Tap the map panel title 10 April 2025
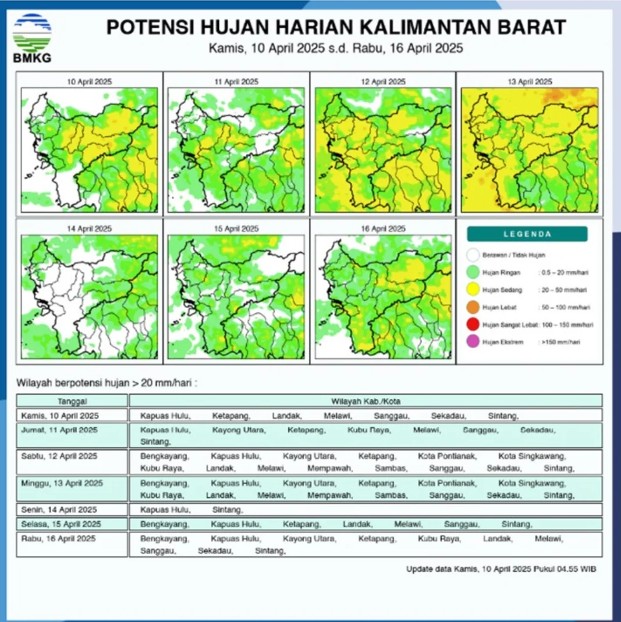pos(89,82)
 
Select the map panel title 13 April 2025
pos(529,82)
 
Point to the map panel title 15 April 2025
pos(236,229)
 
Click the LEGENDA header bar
pos(527,234)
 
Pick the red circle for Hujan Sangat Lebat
pos(473,325)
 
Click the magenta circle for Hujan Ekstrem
pos(473,342)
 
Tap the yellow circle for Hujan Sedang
pos(473,289)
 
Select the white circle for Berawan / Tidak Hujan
pos(473,255)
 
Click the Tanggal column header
pos(72,401)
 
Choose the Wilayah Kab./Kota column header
pos(365,401)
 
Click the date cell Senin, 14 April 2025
pos(59,510)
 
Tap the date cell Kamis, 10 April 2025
pos(60,416)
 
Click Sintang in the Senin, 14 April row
pos(227,510)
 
